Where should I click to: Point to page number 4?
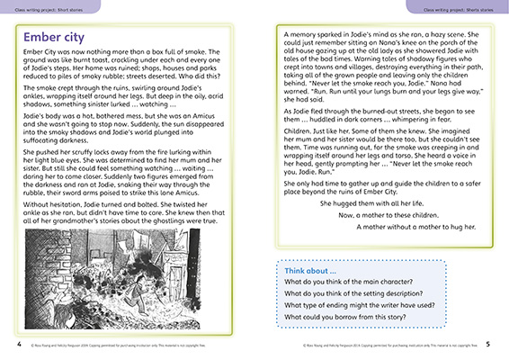tap(7, 343)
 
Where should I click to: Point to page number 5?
tap(500, 343)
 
